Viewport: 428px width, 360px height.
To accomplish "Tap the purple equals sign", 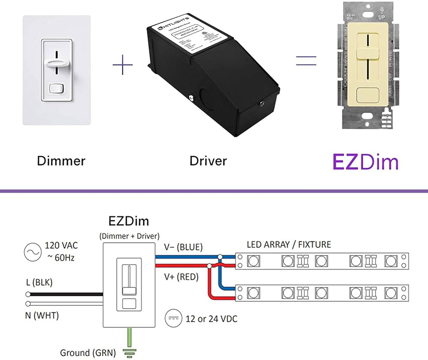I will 306,60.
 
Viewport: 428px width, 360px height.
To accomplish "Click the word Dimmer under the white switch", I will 61,161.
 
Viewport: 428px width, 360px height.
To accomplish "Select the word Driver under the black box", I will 208,161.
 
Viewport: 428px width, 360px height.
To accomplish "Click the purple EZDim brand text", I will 366,162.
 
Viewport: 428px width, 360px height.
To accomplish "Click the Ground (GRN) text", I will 88,353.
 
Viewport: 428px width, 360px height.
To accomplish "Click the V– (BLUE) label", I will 184,247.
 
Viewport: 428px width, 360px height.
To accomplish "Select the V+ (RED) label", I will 181,277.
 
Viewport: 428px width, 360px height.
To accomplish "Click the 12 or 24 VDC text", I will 211,319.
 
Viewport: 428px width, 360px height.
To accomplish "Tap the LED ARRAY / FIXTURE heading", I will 289,245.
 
